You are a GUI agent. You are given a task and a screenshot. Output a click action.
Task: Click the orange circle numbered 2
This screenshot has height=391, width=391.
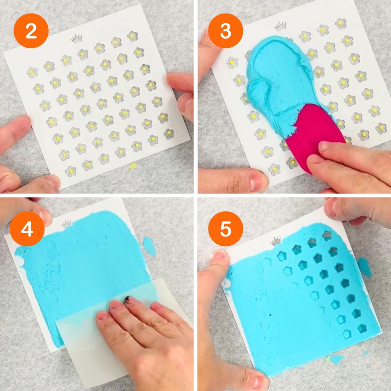tap(31, 31)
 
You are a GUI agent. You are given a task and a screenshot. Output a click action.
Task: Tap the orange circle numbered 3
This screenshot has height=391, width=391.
tap(225, 31)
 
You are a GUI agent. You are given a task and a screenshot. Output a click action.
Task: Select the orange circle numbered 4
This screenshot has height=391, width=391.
tap(27, 229)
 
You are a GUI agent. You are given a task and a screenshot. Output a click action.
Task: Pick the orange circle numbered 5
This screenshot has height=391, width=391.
tap(225, 229)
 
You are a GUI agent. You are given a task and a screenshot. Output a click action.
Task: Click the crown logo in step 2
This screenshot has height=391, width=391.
tap(76, 39)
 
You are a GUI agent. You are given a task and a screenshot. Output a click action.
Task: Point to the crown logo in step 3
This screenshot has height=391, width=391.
tap(280, 26)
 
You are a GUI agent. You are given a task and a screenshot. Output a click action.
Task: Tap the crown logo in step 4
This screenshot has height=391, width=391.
tap(67, 223)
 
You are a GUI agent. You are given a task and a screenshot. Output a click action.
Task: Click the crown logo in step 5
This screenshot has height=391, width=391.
tap(276, 241)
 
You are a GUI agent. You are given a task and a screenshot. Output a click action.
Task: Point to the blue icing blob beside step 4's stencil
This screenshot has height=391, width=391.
tap(149, 246)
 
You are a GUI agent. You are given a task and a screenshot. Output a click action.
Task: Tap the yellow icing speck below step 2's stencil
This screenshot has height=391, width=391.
tap(132, 166)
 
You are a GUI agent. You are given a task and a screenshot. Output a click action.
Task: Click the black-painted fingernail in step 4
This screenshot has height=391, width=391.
tap(127, 299)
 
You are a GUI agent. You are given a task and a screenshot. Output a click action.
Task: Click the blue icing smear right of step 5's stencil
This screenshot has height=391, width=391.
tap(364, 267)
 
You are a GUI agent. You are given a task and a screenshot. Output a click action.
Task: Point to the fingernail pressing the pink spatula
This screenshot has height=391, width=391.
tap(324, 146)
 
